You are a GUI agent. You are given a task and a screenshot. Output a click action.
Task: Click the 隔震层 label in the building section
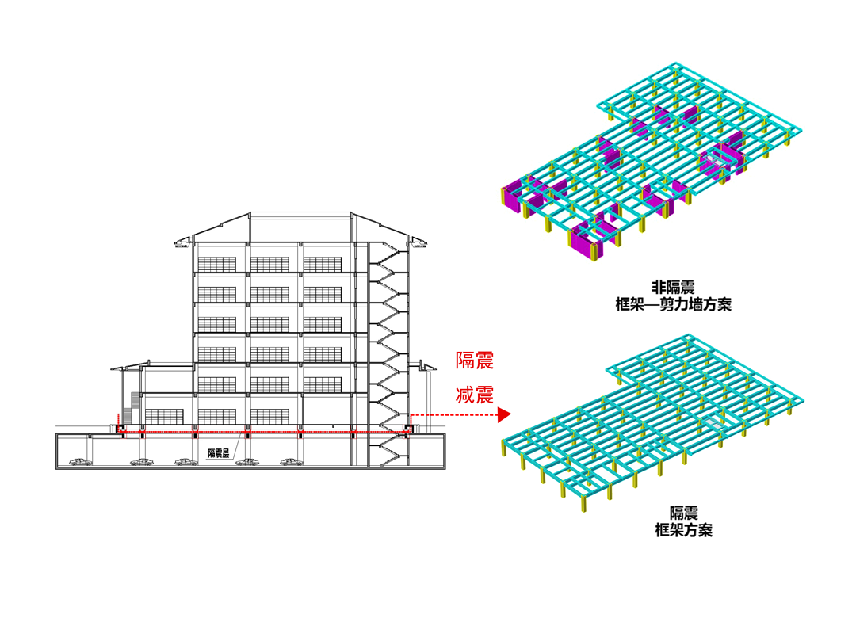(x=218, y=453)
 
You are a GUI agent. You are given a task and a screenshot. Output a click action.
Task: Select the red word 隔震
(x=475, y=361)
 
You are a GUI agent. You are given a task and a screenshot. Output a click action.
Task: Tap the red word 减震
(x=475, y=395)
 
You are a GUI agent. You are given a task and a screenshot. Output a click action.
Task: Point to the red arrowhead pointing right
(x=503, y=414)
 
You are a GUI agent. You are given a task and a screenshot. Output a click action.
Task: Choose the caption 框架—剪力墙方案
(x=673, y=304)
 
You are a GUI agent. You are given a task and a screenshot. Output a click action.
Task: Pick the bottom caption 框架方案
(x=679, y=530)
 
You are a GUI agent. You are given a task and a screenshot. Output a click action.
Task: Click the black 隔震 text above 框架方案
(x=679, y=513)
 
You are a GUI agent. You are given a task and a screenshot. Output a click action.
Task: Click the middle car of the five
(x=186, y=461)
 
